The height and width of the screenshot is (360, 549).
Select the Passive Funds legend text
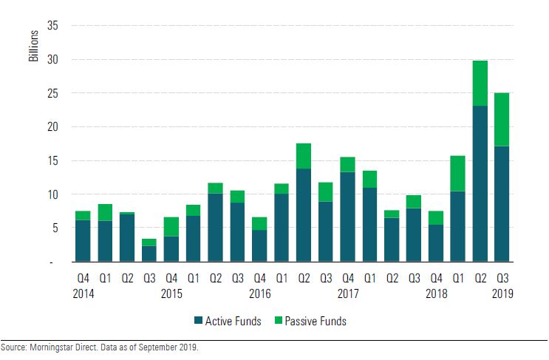point(315,321)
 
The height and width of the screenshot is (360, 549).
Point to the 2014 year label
point(83,293)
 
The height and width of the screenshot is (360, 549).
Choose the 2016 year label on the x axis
point(259,293)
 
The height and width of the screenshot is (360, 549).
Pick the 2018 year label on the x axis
point(436,293)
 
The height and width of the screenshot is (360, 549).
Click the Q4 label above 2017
point(347,279)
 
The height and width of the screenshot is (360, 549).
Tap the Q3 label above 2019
point(502,279)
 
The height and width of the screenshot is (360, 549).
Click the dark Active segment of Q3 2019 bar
point(502,203)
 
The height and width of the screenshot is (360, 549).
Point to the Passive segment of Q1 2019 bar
point(458,173)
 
